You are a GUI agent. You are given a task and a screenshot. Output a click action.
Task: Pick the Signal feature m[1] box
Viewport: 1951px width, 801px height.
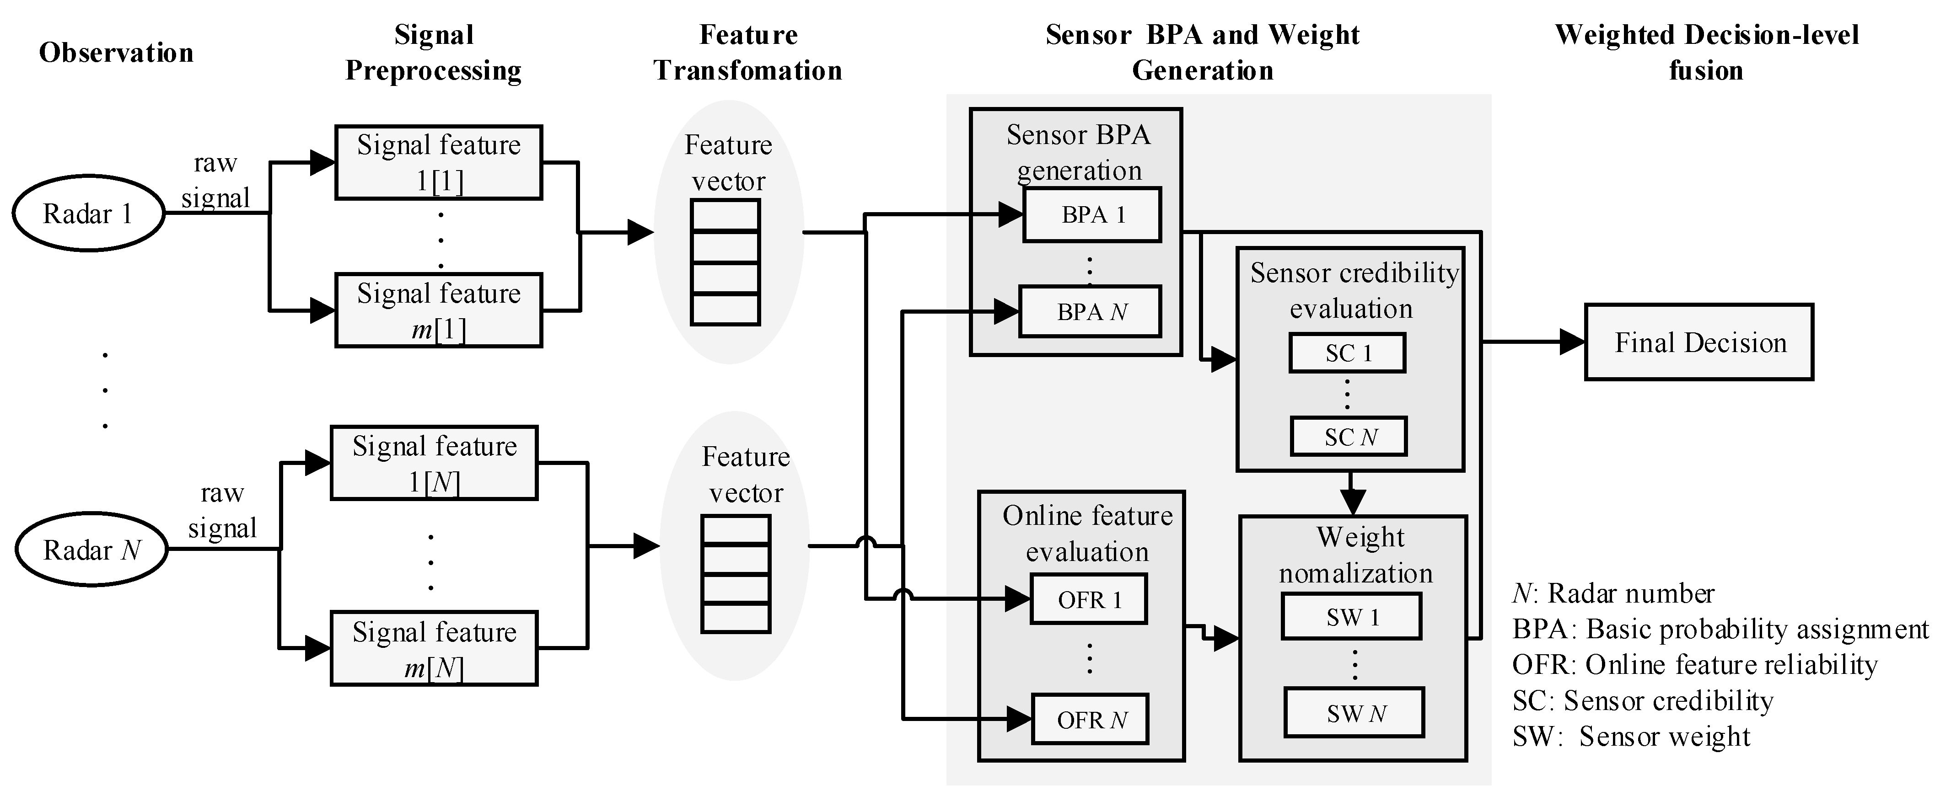[x=439, y=310]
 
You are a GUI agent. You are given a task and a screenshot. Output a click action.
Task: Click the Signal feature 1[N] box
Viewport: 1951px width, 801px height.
[x=434, y=463]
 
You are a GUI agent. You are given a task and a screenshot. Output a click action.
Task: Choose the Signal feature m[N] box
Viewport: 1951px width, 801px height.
[x=434, y=649]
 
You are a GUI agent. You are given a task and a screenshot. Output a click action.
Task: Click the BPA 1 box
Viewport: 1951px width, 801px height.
[x=1091, y=215]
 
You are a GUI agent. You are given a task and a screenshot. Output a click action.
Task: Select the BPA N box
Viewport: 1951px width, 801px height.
[x=1090, y=312]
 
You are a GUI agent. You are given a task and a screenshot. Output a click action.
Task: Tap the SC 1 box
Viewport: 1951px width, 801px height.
[x=1347, y=353]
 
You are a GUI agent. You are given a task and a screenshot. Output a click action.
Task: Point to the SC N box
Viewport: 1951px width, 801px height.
[x=1349, y=437]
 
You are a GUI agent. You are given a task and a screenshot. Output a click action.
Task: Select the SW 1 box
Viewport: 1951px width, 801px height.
[x=1352, y=617]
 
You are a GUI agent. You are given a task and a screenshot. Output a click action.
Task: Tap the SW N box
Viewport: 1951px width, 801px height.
[x=1354, y=713]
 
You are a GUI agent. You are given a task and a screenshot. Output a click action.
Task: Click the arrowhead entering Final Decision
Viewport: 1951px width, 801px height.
[x=1572, y=342]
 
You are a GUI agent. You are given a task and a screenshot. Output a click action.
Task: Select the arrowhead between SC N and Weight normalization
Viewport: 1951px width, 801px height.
[x=1353, y=501]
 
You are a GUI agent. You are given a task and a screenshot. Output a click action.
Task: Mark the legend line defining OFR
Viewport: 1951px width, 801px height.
[x=1694, y=665]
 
